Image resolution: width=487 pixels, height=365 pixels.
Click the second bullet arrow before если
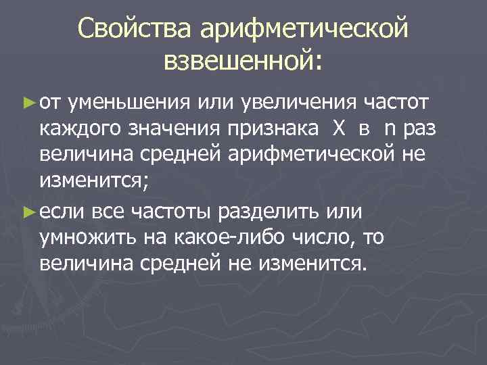coord(28,212)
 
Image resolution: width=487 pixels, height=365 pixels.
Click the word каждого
coord(82,130)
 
